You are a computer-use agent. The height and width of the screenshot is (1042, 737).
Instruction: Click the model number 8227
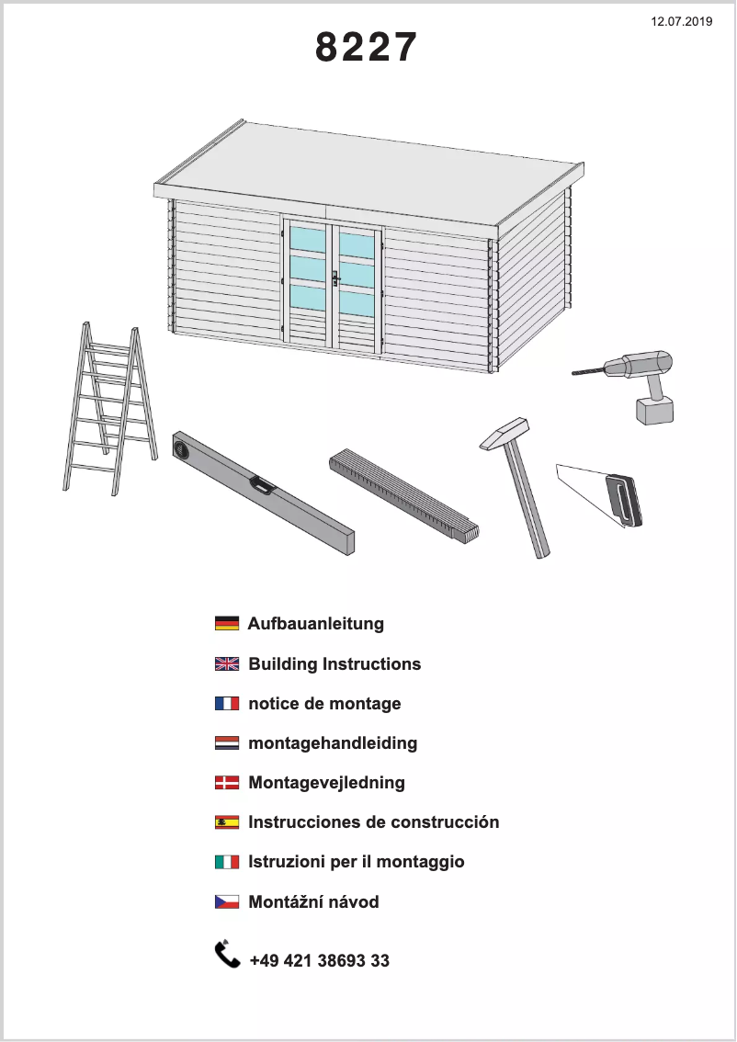click(366, 48)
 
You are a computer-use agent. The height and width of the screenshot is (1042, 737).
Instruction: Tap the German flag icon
click(227, 624)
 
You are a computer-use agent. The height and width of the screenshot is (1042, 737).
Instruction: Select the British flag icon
click(227, 663)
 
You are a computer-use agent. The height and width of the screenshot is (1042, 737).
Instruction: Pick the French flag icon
click(227, 704)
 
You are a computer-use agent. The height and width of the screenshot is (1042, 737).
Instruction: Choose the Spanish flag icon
click(227, 822)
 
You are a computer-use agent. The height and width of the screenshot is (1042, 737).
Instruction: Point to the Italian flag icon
click(227, 862)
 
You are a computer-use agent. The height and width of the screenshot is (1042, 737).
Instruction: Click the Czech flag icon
click(227, 902)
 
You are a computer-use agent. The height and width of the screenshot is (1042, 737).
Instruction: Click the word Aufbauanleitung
click(316, 624)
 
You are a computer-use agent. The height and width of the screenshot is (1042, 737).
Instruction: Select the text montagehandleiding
click(333, 742)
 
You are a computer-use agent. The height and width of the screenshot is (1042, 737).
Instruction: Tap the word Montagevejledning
click(326, 783)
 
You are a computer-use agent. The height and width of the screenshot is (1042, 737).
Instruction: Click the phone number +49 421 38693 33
click(319, 961)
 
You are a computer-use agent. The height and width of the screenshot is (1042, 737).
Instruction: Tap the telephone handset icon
click(227, 955)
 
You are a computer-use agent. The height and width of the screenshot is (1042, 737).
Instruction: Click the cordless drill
click(643, 381)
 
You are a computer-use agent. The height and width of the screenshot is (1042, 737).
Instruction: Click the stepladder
click(108, 409)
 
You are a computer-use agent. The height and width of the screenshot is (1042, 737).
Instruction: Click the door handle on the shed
click(335, 277)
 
